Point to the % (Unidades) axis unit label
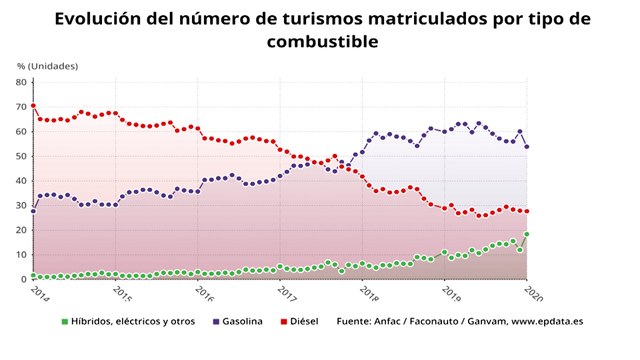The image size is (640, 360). [x=47, y=66]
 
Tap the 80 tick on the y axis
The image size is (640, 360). [x=22, y=81]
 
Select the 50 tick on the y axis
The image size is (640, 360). [x=22, y=155]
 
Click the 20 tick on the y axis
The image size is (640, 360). [x=22, y=230]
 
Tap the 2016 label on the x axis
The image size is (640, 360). [x=203, y=295]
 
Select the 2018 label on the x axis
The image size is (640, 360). [x=369, y=295]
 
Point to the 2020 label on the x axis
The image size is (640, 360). [x=534, y=295]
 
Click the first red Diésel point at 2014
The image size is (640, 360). [x=33, y=106]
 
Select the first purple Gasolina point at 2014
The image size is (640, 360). [x=33, y=211]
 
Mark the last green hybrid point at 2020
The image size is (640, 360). [x=527, y=234]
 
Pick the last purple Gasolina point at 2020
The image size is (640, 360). [x=527, y=146]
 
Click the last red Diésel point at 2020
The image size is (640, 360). [x=527, y=211]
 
